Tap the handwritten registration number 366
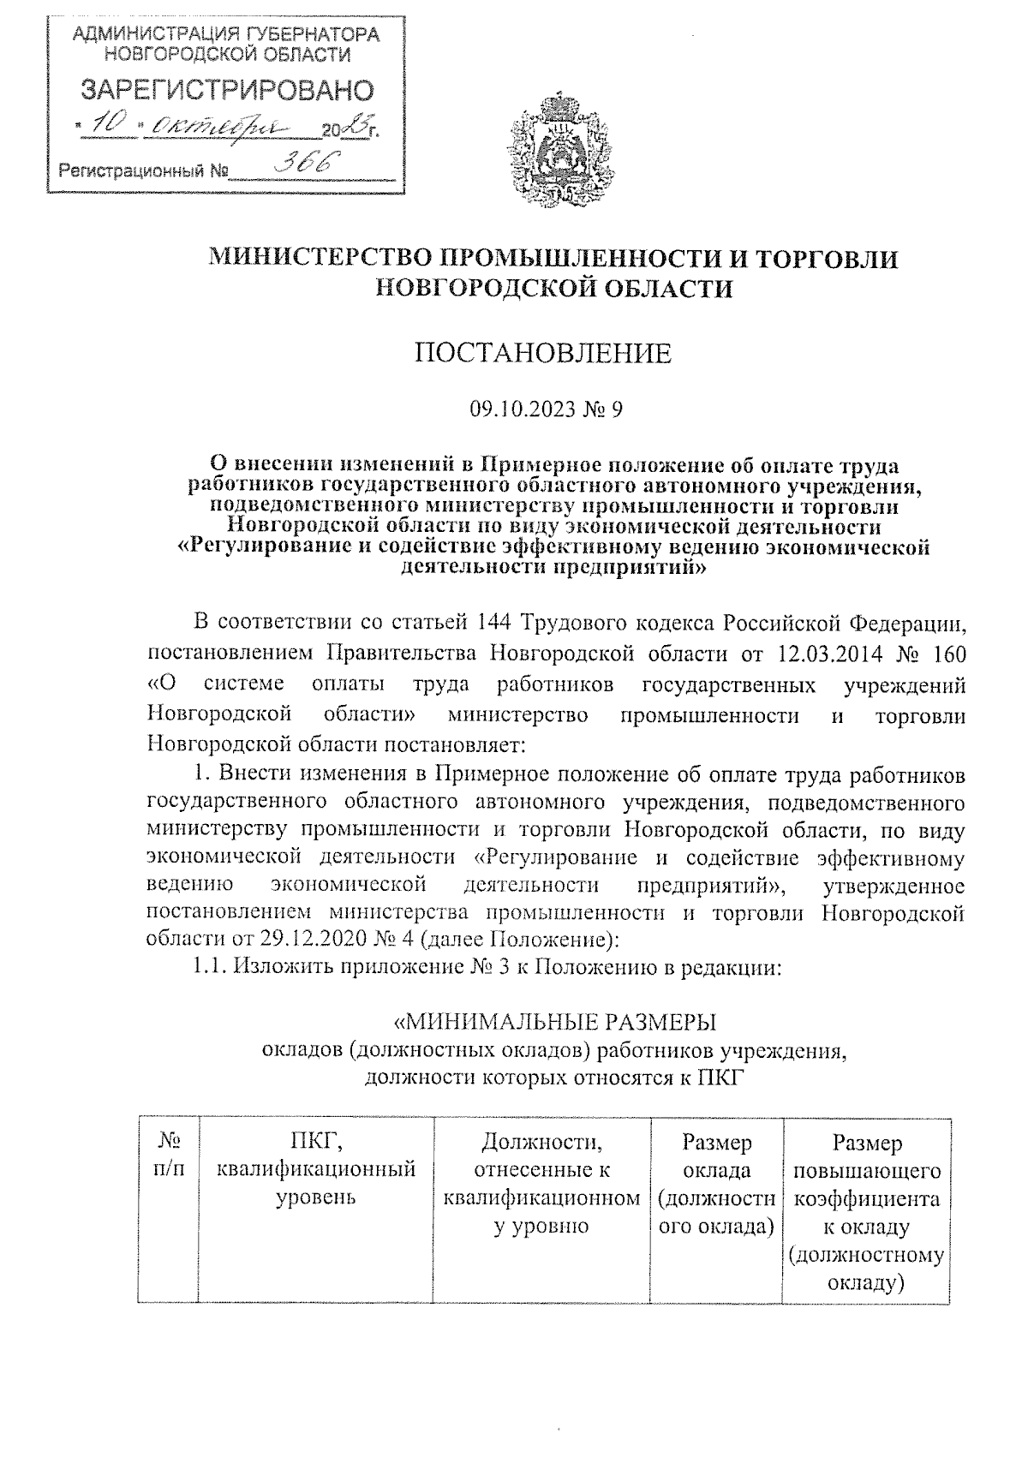click(x=302, y=164)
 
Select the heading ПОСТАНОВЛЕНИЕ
click(x=543, y=353)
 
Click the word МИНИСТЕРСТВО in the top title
click(x=322, y=257)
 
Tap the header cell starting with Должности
click(x=541, y=1182)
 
